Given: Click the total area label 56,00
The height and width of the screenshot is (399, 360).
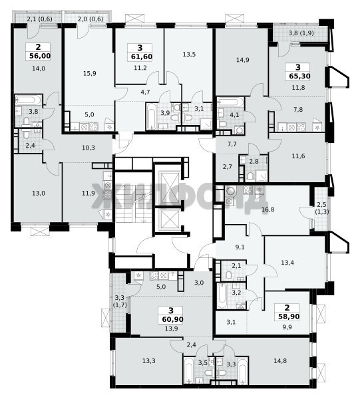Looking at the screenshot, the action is [x=40, y=56].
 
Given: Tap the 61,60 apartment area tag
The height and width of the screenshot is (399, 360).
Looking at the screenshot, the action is [x=142, y=57].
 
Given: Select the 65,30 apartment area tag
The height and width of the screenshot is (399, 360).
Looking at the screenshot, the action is [x=299, y=76].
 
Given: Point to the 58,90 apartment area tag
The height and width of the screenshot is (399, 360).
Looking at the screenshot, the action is [x=288, y=317].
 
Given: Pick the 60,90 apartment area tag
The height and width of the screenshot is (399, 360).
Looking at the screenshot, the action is [x=172, y=319].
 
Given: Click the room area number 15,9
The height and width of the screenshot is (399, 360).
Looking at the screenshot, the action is [x=90, y=74].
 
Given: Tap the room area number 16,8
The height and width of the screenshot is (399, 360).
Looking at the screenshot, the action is [x=268, y=209].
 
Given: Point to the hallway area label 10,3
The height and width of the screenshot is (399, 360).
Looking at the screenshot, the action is [x=89, y=148].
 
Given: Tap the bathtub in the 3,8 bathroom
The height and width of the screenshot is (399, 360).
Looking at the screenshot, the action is [x=28, y=100].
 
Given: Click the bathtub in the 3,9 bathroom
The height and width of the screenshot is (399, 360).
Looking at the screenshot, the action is [x=152, y=116].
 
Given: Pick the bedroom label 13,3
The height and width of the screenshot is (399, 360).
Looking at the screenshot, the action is [x=149, y=361].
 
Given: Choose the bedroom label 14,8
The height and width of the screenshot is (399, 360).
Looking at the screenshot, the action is [x=280, y=361].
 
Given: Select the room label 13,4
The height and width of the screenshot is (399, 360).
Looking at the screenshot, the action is [x=287, y=263].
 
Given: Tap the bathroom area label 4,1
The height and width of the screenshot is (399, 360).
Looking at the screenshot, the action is [x=234, y=115].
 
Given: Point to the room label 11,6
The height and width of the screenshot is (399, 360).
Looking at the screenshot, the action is [x=298, y=156].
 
